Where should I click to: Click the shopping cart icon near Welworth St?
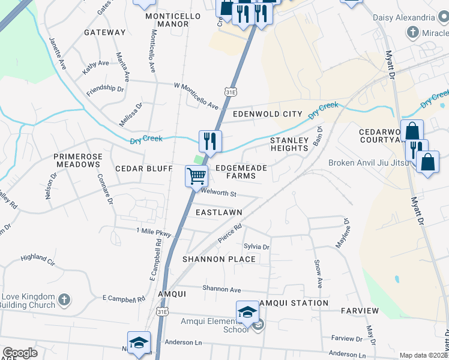point(196,177)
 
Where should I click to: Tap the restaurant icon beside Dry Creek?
point(210,142)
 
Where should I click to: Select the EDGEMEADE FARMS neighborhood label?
point(241,172)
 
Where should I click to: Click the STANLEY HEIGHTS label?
point(289,144)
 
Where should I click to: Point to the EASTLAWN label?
point(219,212)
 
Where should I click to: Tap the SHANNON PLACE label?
point(219,259)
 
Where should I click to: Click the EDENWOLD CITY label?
point(259,114)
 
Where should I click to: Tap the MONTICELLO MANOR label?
point(167,20)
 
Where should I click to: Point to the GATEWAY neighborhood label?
point(105,32)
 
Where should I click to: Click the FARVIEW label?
point(360,311)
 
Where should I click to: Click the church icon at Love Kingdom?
point(65,298)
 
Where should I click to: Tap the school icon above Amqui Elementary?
point(247,312)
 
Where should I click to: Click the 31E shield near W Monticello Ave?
point(231,92)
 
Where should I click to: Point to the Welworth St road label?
point(219,193)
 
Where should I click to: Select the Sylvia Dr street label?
point(256,247)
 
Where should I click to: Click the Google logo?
point(20,353)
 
